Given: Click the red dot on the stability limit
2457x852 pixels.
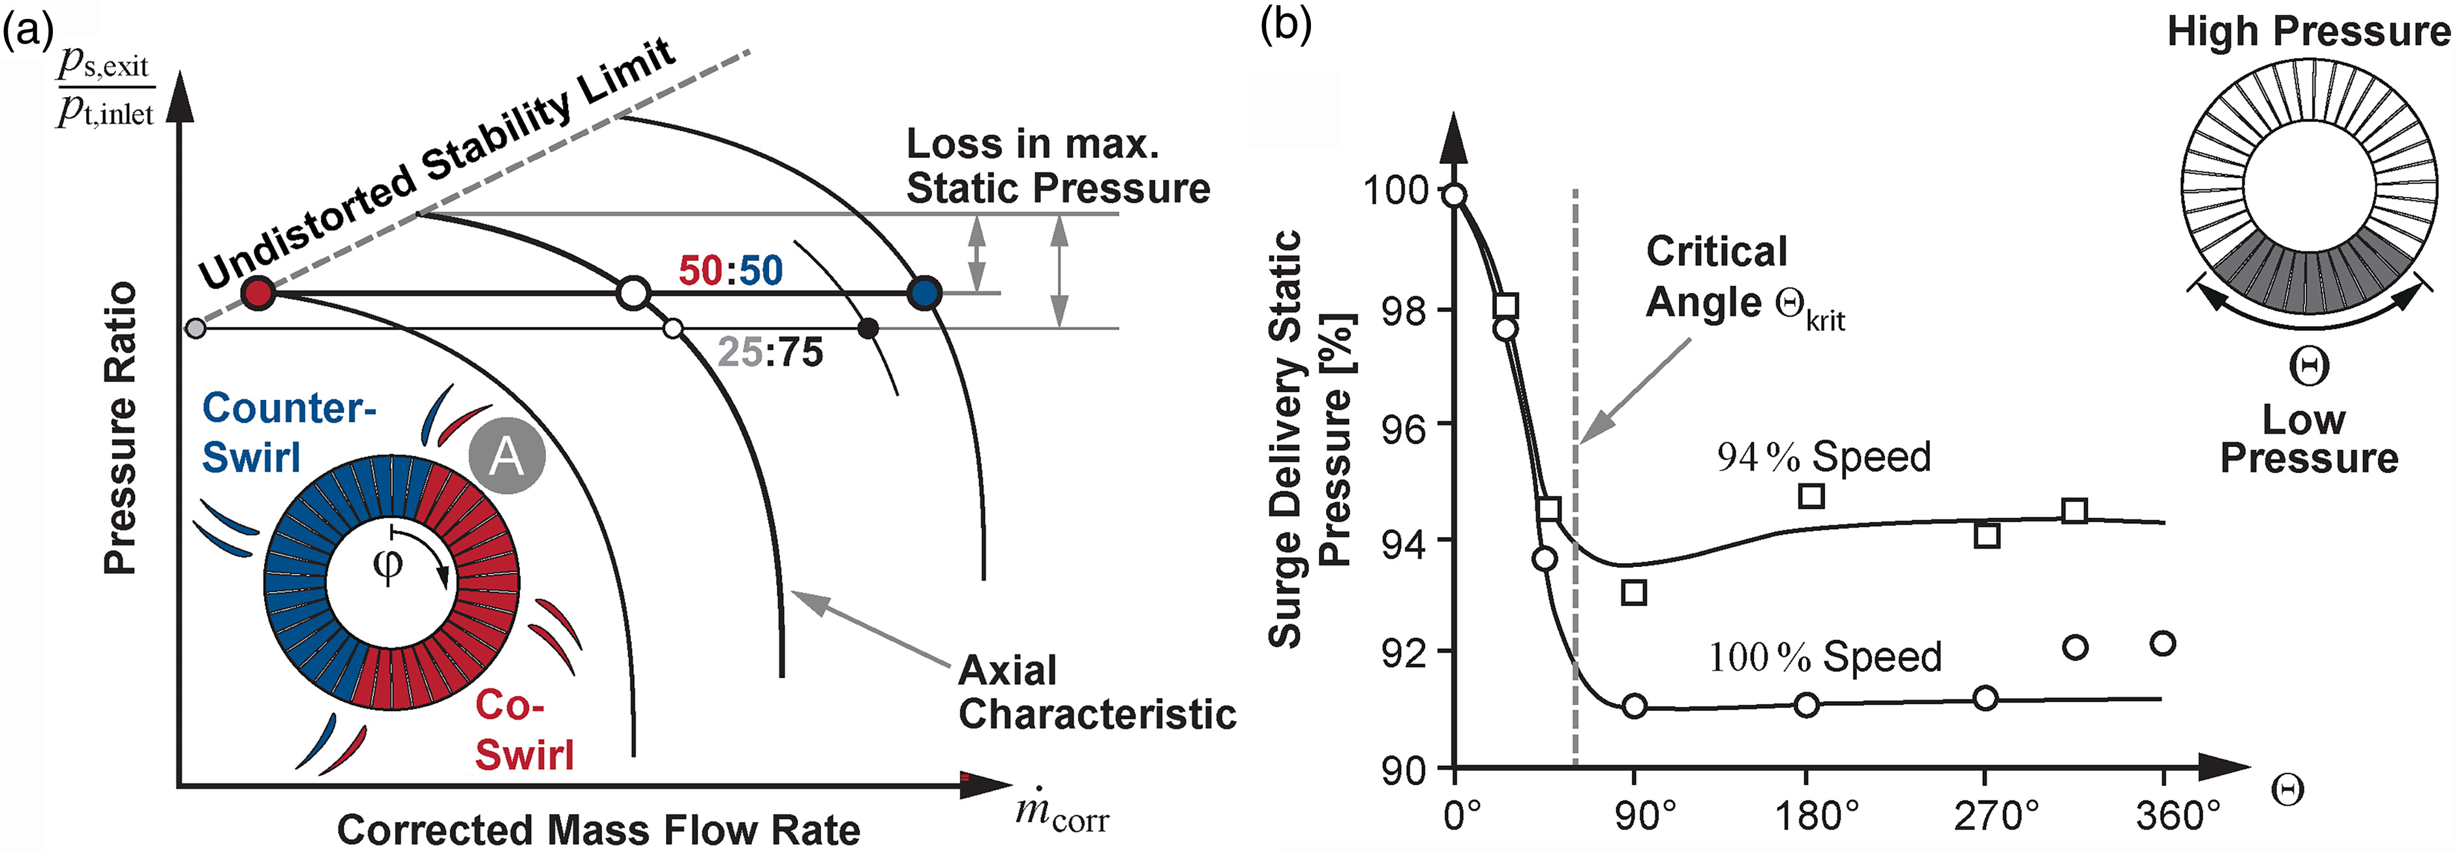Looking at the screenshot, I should pyautogui.click(x=258, y=293).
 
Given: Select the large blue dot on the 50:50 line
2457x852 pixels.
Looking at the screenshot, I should pyautogui.click(x=924, y=293).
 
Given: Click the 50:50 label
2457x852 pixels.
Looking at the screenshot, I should pyautogui.click(x=731, y=271).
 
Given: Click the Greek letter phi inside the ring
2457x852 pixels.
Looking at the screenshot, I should pyautogui.click(x=388, y=564).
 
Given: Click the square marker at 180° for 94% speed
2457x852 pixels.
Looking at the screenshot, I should pyautogui.click(x=1811, y=495).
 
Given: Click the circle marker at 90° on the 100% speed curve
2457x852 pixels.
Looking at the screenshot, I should pyautogui.click(x=1635, y=706).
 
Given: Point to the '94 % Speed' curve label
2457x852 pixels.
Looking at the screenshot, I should pyautogui.click(x=1824, y=457).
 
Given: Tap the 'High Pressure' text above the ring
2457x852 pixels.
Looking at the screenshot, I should pyautogui.click(x=2308, y=31).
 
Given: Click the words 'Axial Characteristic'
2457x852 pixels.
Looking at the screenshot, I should pyautogui.click(x=1097, y=692).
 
